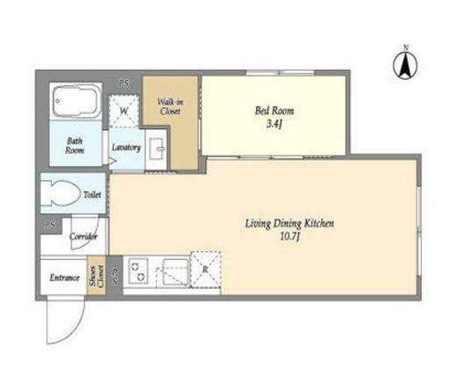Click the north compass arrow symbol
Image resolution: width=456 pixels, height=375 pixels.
[x=405, y=66]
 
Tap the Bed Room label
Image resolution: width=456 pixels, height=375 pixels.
[x=274, y=111]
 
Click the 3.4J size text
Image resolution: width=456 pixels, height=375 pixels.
[x=274, y=125]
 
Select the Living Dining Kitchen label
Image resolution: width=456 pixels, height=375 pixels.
[x=289, y=224]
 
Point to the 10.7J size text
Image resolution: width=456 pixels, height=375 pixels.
[x=290, y=236]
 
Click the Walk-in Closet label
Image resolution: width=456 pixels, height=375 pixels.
[x=170, y=106]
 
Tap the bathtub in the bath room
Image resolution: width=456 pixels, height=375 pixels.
[x=76, y=101]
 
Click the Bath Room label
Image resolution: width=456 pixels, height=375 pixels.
[x=75, y=146]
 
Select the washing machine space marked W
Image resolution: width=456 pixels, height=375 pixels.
[x=124, y=112]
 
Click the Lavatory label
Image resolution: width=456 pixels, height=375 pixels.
[x=126, y=148]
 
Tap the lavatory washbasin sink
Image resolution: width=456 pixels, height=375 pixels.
[x=156, y=148]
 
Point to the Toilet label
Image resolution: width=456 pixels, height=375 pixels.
[x=92, y=195]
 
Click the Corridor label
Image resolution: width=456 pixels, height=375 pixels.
[x=83, y=236]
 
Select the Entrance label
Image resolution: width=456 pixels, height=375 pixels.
[x=65, y=278]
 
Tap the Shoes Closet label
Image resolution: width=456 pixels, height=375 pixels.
[x=96, y=276]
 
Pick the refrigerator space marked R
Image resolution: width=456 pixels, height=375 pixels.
[x=205, y=270]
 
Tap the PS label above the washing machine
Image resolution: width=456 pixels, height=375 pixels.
[x=124, y=83]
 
